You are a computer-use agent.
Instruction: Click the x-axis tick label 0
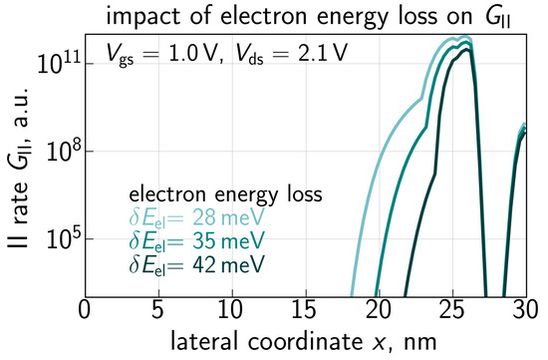(x=85, y=310)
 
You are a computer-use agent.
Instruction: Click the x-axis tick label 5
(x=157, y=310)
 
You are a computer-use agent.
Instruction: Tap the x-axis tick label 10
(x=231, y=310)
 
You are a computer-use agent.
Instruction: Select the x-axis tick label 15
(x=305, y=310)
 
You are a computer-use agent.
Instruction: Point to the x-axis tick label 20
(x=379, y=310)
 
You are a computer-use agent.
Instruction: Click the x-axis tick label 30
(x=525, y=310)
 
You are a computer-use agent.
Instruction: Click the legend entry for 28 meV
(x=196, y=218)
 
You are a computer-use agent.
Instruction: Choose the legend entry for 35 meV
(x=196, y=241)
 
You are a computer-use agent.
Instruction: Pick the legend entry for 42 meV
(x=196, y=264)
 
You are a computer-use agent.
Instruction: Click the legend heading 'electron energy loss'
(x=225, y=193)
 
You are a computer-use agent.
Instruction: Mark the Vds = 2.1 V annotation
(x=291, y=55)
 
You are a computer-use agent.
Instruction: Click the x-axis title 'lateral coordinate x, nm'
(x=303, y=341)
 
